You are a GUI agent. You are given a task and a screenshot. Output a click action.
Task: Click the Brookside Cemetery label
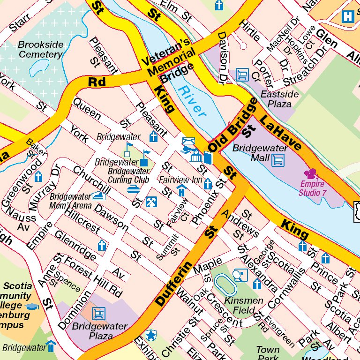tap(40, 49)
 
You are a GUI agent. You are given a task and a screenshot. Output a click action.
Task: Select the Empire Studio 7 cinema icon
tap(312, 174)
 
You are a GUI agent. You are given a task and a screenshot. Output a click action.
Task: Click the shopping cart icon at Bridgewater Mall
tap(278, 161)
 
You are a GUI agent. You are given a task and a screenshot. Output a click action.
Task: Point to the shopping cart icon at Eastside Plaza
tap(242, 75)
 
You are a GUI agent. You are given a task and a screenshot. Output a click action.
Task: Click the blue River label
tap(193, 101)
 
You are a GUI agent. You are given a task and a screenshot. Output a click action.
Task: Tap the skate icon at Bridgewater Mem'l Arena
tap(97, 196)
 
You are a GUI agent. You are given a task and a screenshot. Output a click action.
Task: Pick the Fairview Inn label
tap(180, 180)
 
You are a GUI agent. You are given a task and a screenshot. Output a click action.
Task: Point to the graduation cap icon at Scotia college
tap(32, 307)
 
